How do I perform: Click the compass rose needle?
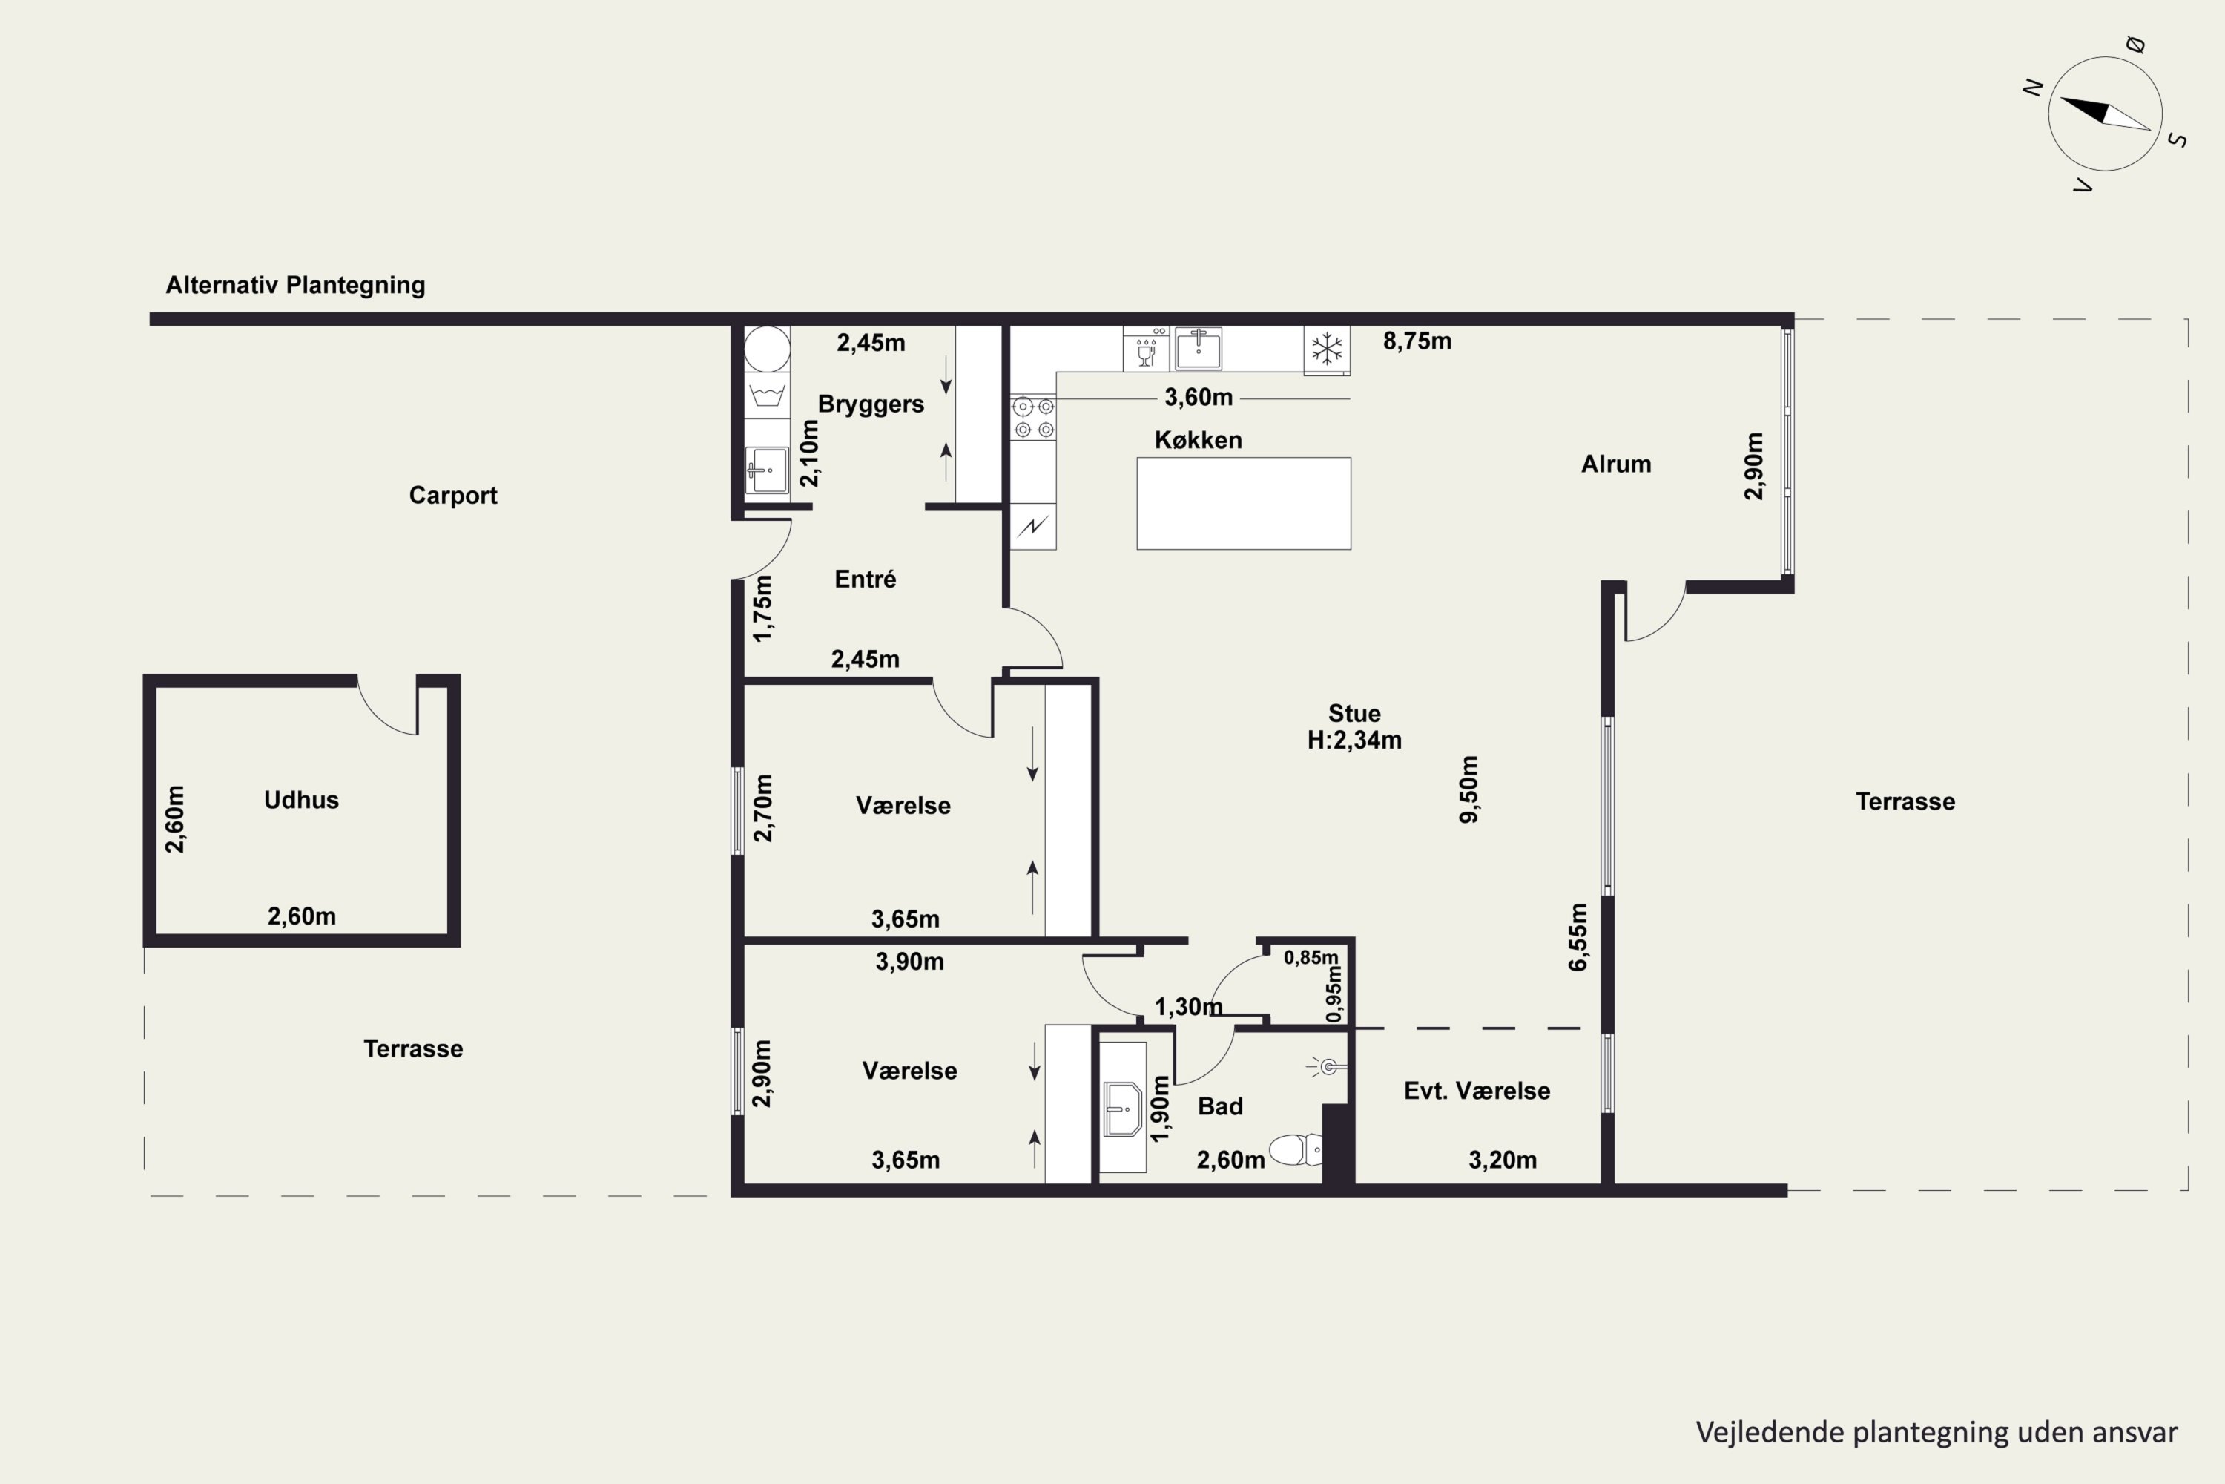(x=2105, y=113)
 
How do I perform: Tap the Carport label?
(x=452, y=495)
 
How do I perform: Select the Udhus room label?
(x=301, y=800)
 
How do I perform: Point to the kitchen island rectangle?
(x=1243, y=504)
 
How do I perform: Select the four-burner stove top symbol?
(x=1033, y=417)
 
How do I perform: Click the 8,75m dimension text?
(x=1417, y=341)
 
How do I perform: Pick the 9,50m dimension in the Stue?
(x=1468, y=789)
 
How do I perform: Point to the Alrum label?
(x=1616, y=464)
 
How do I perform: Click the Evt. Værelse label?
(x=1477, y=1090)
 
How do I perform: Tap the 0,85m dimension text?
(x=1311, y=958)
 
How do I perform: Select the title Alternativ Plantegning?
(x=295, y=285)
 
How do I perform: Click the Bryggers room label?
(x=870, y=404)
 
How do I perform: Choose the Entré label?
(x=865, y=578)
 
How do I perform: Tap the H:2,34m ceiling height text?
(x=1354, y=740)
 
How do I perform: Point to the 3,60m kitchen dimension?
(x=1198, y=398)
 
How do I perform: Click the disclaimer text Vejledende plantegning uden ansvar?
(x=1936, y=1432)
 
